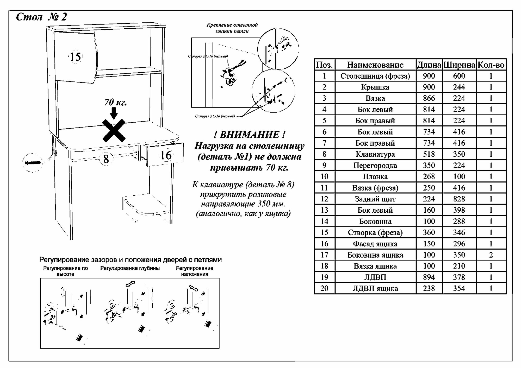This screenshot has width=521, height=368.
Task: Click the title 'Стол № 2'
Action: tap(41, 17)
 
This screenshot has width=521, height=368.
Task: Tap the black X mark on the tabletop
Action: tap(114, 131)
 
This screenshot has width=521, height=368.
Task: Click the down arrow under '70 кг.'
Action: tap(114, 113)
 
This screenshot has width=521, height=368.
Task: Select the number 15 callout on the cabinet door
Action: tap(76, 57)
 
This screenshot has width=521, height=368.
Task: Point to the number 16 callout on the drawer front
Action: tap(166, 156)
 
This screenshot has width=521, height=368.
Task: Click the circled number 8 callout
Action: tap(106, 159)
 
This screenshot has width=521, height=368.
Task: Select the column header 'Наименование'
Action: tap(375, 65)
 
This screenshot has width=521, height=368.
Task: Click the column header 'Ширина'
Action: tap(459, 65)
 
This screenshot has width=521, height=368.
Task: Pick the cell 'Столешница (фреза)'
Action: tap(375, 76)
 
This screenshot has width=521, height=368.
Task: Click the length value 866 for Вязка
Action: tap(429, 98)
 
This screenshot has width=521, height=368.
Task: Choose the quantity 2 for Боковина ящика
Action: tap(491, 255)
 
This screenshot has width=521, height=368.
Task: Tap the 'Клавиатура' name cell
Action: tap(375, 154)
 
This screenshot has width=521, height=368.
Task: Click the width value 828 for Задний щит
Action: tap(459, 199)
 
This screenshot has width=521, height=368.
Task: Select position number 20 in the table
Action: tap(324, 288)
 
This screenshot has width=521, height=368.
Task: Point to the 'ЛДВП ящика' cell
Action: tap(375, 288)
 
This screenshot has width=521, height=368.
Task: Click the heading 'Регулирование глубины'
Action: tap(130, 268)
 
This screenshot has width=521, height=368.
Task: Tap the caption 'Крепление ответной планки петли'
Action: tap(232, 28)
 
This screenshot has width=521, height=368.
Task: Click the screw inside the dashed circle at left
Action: tap(33, 163)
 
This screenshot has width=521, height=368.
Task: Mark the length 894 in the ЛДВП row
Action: tap(429, 277)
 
